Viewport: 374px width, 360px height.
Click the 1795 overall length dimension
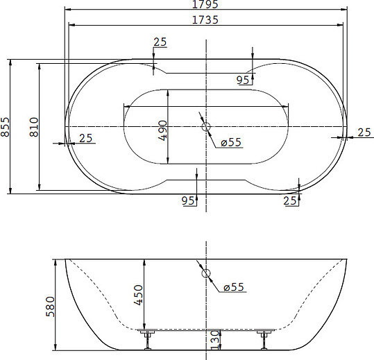[x=205, y=4]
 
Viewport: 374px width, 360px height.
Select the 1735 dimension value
[x=205, y=20]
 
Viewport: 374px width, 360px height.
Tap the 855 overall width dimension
[x=5, y=127]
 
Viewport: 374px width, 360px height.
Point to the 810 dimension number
[x=34, y=127]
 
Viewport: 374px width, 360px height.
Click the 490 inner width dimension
[x=162, y=130]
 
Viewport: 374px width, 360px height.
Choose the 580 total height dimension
[x=50, y=307]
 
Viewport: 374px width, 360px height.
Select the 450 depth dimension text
[x=138, y=295]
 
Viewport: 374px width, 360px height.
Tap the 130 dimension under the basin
[x=215, y=339]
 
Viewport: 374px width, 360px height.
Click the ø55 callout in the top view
[x=231, y=142]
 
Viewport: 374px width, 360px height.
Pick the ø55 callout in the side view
[x=234, y=287]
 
